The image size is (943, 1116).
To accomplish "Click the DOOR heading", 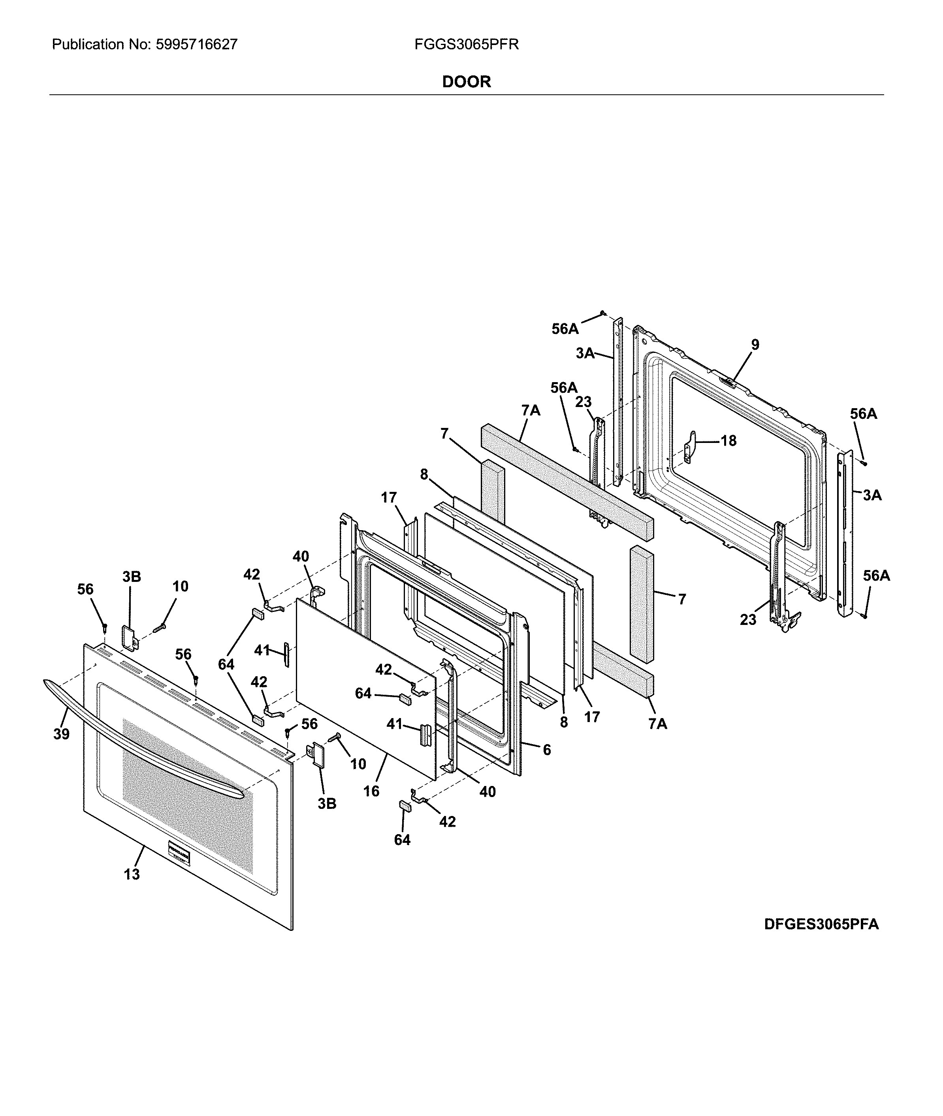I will [x=466, y=82].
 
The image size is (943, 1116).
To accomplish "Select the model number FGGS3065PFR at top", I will [x=466, y=44].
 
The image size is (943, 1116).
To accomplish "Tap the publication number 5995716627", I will [x=196, y=44].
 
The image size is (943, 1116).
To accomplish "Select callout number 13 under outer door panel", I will [x=132, y=874].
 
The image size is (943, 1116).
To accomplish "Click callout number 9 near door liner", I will [x=755, y=345].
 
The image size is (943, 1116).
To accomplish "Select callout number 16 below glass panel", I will [x=371, y=791].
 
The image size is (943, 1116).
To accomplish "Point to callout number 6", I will [x=546, y=750].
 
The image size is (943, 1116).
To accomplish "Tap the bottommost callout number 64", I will [x=402, y=840].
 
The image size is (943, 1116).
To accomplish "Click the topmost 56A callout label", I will [x=565, y=329].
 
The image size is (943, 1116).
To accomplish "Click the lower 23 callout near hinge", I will [x=748, y=620].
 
